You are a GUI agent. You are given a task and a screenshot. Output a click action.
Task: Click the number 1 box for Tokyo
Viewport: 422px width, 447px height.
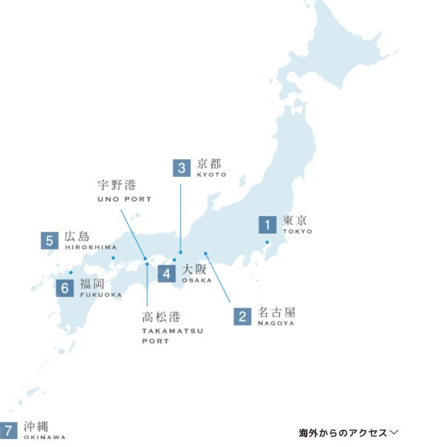click(x=267, y=225)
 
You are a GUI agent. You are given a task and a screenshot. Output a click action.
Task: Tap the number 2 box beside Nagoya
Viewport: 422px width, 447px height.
click(x=242, y=316)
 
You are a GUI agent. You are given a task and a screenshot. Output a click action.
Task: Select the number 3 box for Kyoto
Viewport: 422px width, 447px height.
click(x=182, y=168)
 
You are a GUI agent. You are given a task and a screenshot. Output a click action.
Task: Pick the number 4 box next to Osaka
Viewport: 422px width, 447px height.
click(x=166, y=273)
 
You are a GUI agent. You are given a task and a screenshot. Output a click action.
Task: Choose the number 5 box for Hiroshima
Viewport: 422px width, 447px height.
click(x=49, y=240)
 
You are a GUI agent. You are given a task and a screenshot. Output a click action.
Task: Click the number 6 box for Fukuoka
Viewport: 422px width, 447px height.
click(x=64, y=288)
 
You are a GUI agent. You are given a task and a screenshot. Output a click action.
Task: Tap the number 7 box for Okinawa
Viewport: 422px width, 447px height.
click(x=9, y=430)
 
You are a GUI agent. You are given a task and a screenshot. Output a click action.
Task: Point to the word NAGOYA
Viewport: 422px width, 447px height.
click(x=276, y=324)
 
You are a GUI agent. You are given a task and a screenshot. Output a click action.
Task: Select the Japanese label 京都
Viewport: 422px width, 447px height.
click(x=209, y=164)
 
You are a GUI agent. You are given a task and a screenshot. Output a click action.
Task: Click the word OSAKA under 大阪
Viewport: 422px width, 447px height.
click(x=197, y=280)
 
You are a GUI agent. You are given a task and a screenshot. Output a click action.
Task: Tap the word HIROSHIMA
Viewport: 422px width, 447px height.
click(x=90, y=247)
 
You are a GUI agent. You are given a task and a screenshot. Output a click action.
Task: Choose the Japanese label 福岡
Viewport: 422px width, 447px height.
click(x=92, y=284)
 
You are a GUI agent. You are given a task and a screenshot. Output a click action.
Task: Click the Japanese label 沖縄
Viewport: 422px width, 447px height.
click(x=36, y=427)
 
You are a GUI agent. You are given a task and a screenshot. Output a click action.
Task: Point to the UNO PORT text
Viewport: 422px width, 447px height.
click(x=124, y=199)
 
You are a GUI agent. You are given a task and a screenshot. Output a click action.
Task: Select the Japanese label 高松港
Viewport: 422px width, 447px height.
click(x=161, y=317)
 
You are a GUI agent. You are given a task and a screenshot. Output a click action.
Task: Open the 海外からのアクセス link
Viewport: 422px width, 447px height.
click(x=348, y=433)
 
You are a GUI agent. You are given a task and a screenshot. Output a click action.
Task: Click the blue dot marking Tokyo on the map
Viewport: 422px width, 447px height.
click(x=267, y=243)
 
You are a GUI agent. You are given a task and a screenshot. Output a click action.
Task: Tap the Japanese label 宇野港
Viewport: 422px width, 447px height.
click(x=116, y=185)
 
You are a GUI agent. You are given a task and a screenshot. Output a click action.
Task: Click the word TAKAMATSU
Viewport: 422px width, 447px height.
click(x=172, y=330)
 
